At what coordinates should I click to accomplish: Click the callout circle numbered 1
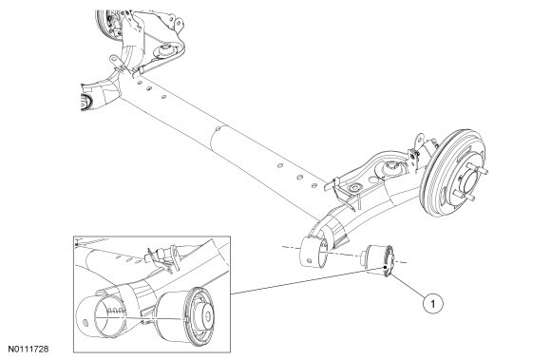tap(432, 303)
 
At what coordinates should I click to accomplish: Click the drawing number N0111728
tap(28, 350)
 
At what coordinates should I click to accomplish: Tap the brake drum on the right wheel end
tap(453, 173)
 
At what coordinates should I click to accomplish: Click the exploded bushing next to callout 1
tap(379, 259)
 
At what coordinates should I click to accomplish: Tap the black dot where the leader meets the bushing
tap(386, 268)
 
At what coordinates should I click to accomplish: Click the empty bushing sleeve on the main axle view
tap(313, 252)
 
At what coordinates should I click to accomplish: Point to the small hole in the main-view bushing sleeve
tap(309, 261)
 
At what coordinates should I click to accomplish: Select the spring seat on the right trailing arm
tap(390, 167)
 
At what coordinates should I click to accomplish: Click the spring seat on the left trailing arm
tap(166, 51)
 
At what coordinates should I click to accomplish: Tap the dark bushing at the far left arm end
tap(85, 102)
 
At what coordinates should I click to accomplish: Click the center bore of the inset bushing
tap(208, 316)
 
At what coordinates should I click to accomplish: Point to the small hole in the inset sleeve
tap(85, 322)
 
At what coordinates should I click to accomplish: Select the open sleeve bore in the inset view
tap(108, 315)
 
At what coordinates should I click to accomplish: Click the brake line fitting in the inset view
tap(162, 253)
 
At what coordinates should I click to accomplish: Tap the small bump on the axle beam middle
tap(218, 128)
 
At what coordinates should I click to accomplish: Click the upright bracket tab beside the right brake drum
tap(418, 146)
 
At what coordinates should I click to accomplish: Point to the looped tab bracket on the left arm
tap(115, 61)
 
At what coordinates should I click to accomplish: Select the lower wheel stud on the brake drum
tap(464, 196)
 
